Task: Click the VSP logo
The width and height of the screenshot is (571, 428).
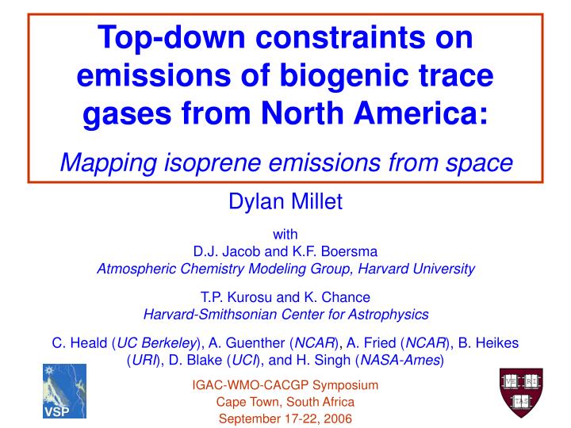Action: (x=63, y=391)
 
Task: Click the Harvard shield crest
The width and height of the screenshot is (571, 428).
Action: (x=520, y=392)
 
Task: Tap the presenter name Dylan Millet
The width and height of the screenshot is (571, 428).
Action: (x=285, y=204)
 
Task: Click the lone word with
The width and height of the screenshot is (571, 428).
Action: (x=285, y=235)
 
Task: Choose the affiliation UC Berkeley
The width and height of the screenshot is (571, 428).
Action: (x=159, y=343)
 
